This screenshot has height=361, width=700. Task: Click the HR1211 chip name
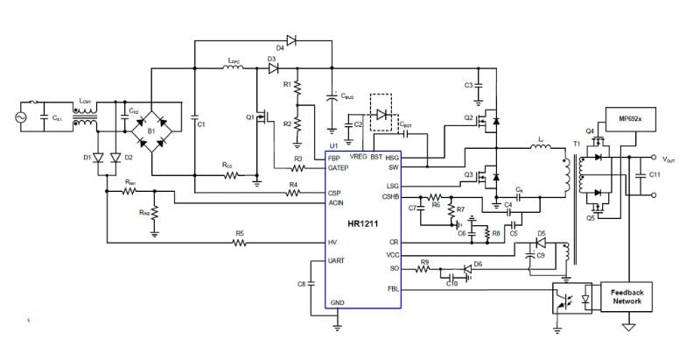point(362,225)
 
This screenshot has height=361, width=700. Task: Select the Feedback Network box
point(626,295)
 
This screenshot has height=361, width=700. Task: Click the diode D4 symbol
point(291,39)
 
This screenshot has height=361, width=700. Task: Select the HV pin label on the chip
point(333,242)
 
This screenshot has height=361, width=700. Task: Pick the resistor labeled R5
point(238,242)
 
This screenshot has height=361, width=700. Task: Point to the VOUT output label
point(669,159)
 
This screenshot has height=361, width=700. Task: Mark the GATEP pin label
point(339,166)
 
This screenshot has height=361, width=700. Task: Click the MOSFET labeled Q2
point(486,119)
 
